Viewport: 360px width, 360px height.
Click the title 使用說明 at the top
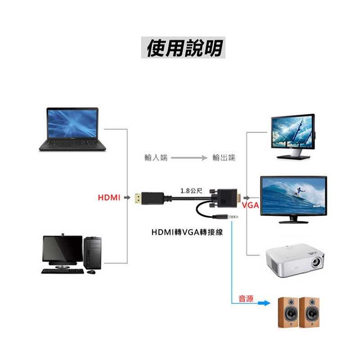(x=184, y=48)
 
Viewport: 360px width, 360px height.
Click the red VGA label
(x=250, y=206)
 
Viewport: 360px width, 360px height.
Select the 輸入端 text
(x=156, y=158)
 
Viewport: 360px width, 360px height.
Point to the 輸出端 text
(x=224, y=158)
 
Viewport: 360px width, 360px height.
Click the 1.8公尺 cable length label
(x=191, y=190)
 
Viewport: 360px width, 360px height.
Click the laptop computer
(x=72, y=129)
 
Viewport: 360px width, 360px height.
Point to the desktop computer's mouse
(x=91, y=272)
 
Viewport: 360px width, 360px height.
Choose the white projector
(x=295, y=261)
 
